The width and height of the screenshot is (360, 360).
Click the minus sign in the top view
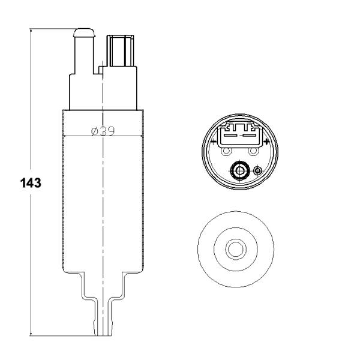[x=213, y=142]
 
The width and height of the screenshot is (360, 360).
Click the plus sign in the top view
[x=266, y=142]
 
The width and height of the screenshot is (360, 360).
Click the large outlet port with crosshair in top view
[x=240, y=172]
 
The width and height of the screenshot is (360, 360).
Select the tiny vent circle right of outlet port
[x=258, y=172]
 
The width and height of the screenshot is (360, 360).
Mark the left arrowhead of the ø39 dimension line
[x=65, y=137]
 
